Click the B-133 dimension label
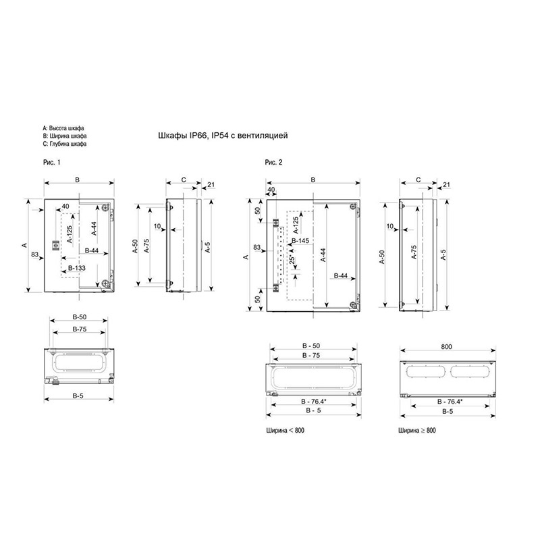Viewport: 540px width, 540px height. click(77, 268)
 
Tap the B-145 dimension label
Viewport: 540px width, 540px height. click(300, 241)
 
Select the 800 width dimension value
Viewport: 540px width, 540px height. click(446, 347)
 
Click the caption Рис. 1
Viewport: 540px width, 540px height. click(52, 162)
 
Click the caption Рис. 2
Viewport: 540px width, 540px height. click(273, 162)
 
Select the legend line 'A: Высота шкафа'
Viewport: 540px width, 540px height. click(63, 128)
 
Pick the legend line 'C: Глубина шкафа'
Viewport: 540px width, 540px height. click(65, 144)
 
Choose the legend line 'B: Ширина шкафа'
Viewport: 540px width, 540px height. click(65, 136)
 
